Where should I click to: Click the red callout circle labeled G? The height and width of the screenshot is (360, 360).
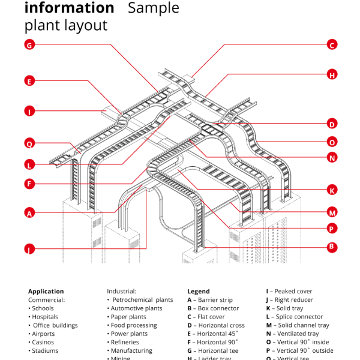(29, 44)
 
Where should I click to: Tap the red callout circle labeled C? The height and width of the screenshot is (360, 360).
(332, 44)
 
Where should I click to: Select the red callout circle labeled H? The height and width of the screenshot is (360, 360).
(332, 75)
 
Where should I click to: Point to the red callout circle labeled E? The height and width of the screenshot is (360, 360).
(29, 80)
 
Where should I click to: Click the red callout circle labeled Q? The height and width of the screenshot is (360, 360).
(29, 143)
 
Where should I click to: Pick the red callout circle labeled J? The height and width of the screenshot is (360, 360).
(29, 248)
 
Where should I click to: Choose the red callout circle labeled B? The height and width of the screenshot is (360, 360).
(332, 247)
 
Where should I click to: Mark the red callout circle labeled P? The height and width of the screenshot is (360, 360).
(332, 229)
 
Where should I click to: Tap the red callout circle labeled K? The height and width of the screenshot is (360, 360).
(332, 190)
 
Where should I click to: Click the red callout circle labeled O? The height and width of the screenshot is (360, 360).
(332, 142)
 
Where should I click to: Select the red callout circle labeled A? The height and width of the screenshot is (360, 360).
(29, 212)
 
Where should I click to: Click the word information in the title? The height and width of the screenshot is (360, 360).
(69, 8)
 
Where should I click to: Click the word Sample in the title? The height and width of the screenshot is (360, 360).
(153, 8)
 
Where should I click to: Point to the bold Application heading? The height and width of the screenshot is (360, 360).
(46, 292)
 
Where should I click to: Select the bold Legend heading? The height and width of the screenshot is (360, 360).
(199, 292)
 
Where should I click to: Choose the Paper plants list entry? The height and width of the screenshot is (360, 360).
(128, 317)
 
